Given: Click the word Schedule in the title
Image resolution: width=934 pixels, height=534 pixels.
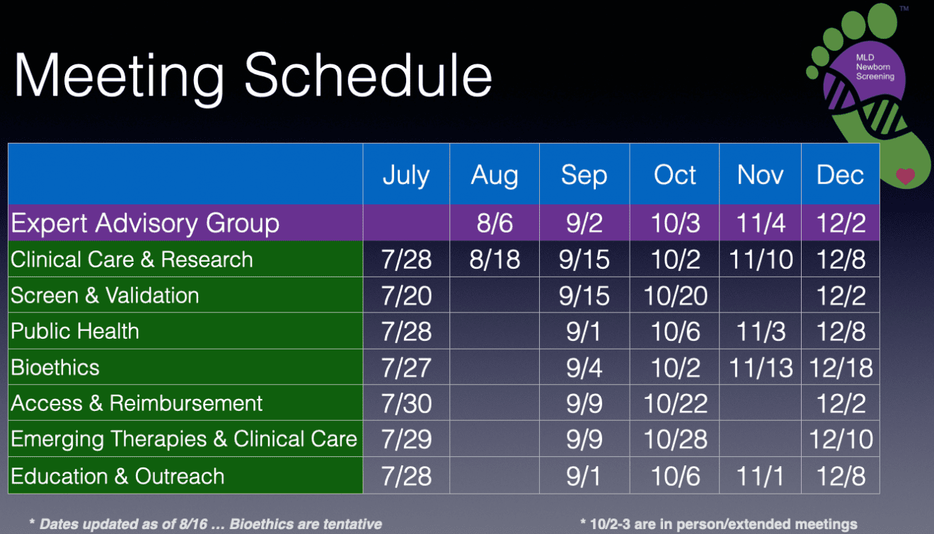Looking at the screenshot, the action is [x=368, y=75].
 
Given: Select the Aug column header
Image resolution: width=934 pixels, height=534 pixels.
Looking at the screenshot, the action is [x=495, y=175].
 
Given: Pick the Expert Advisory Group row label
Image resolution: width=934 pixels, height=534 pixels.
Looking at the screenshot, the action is [x=144, y=223].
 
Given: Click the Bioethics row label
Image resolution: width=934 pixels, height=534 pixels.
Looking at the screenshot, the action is [x=55, y=367].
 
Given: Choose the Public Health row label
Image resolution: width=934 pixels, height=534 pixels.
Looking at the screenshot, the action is [x=74, y=331].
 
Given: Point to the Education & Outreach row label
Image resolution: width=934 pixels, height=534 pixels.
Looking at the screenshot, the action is [x=117, y=475].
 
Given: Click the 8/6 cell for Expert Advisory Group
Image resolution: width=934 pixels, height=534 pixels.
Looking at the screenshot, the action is [x=495, y=223].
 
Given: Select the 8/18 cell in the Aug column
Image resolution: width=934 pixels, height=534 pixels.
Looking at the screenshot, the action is [x=495, y=260].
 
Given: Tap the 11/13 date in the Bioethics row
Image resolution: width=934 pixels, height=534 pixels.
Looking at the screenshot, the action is [x=761, y=368].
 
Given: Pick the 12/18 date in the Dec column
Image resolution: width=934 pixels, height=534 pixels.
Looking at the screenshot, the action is [x=841, y=368].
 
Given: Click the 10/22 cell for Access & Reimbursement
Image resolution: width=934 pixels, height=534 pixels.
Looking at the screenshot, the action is [x=676, y=404].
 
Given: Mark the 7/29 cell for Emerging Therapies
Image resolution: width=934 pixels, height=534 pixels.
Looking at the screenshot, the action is [x=407, y=439].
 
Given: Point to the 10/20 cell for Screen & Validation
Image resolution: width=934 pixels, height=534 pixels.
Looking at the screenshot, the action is [x=676, y=296].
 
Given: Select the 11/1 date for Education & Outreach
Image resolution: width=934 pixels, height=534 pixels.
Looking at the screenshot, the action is [x=760, y=476].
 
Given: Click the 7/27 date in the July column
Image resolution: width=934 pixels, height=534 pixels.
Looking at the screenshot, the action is [x=407, y=368].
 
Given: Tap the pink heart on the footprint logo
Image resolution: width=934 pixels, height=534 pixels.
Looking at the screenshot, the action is [x=906, y=176].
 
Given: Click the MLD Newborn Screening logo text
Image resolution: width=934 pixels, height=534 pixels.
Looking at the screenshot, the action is [x=875, y=67].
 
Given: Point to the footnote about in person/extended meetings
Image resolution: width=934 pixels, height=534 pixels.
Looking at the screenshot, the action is [x=719, y=523].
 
